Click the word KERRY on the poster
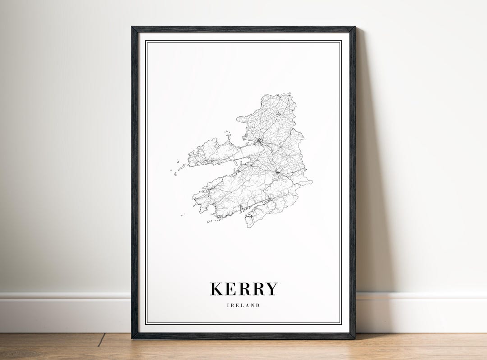[x=243, y=289]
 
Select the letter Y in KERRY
[x=271, y=289]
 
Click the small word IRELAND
[x=243, y=305]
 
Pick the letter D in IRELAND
[x=258, y=305]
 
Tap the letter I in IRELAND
[x=228, y=305]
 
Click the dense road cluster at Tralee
[x=260, y=142]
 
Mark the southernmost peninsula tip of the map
[x=249, y=226]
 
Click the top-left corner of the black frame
[x=133, y=28]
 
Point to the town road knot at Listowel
[x=279, y=114]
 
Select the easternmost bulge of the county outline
[x=311, y=182]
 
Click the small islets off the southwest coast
[x=183, y=215]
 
